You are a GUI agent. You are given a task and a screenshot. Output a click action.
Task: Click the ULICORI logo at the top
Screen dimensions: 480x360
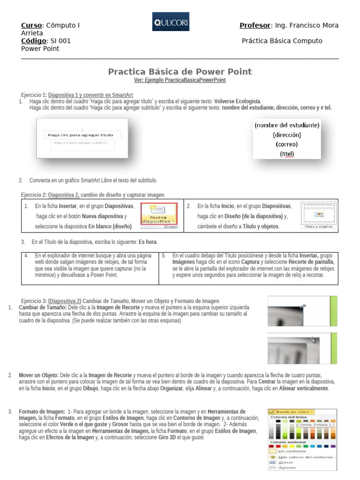click(171, 22)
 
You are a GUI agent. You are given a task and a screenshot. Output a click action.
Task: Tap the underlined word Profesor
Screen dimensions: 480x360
click(255, 25)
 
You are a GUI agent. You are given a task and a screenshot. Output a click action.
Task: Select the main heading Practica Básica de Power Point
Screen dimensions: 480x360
click(180, 72)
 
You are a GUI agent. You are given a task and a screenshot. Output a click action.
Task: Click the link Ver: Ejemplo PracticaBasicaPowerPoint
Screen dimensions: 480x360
click(180, 80)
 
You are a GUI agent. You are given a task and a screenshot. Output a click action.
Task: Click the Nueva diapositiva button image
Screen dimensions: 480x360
click(159, 216)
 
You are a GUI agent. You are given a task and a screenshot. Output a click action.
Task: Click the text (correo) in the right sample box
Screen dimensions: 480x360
click(286, 144)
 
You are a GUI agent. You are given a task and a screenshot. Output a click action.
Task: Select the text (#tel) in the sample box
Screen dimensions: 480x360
click(286, 153)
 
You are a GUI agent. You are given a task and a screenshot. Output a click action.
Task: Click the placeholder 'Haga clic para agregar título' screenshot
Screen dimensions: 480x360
click(82, 135)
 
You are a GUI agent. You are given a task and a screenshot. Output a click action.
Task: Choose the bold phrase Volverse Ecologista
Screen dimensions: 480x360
click(237, 101)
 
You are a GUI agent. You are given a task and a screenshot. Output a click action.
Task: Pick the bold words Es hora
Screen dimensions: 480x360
click(148, 242)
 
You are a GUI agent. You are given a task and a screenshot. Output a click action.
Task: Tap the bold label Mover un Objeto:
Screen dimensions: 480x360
click(38, 375)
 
